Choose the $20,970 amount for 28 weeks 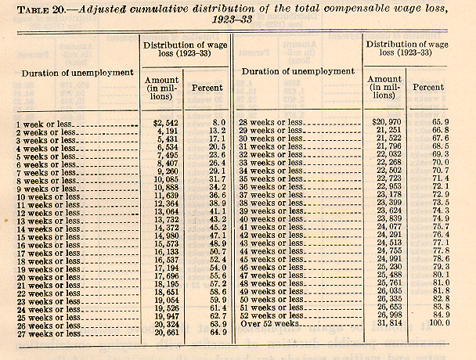384,124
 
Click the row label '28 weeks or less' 271,124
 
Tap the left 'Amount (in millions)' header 161,88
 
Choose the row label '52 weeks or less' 271,313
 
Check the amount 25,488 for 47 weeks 385,275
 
